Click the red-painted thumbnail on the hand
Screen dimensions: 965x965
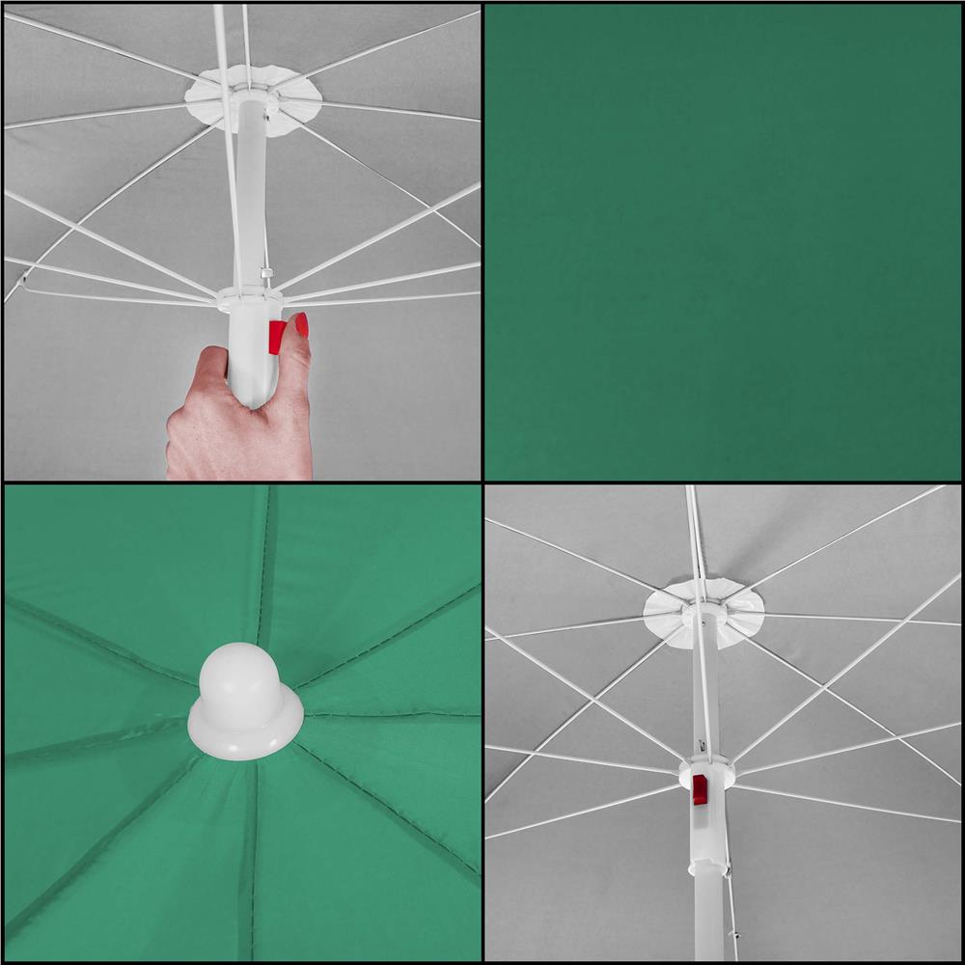click(x=302, y=324)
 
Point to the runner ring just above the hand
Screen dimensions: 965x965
click(x=249, y=298)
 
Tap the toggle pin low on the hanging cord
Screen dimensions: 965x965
click(x=735, y=935)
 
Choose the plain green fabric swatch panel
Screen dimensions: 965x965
click(x=723, y=241)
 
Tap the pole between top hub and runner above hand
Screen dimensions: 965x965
click(x=250, y=193)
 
